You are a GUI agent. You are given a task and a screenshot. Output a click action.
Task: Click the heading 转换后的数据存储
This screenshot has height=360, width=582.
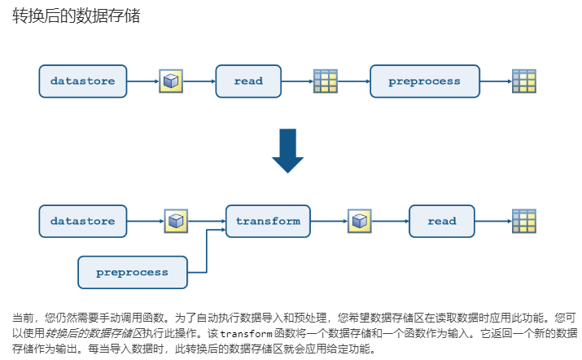pyautogui.click(x=77, y=16)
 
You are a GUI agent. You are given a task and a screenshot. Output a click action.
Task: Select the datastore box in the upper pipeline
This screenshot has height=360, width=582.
pyautogui.click(x=82, y=81)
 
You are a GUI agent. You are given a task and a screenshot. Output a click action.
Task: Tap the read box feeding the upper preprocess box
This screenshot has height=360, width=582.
pyautogui.click(x=248, y=81)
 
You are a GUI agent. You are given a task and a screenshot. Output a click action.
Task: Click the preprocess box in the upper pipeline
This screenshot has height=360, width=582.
pyautogui.click(x=424, y=81)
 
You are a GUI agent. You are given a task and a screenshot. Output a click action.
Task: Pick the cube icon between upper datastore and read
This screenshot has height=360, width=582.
pyautogui.click(x=170, y=81)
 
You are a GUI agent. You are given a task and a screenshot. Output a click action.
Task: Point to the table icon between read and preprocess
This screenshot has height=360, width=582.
pyautogui.click(x=326, y=81)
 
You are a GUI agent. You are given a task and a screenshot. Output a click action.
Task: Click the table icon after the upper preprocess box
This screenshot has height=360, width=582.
pyautogui.click(x=523, y=81)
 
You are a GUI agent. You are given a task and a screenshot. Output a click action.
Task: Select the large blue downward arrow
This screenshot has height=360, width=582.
pyautogui.click(x=287, y=151)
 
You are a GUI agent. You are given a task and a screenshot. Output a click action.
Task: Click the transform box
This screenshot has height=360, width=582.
pyautogui.click(x=268, y=221)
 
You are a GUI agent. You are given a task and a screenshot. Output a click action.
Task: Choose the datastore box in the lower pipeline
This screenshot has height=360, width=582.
pyautogui.click(x=82, y=221)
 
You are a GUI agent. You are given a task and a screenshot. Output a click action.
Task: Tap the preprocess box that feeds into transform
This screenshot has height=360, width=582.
pyautogui.click(x=132, y=272)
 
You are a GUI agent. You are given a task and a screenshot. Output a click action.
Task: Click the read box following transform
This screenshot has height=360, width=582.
pyautogui.click(x=442, y=221)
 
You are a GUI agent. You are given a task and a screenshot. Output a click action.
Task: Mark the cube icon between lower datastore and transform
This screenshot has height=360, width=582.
pyautogui.click(x=176, y=221)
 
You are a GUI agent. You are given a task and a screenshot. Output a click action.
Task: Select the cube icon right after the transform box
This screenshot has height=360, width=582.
pyautogui.click(x=359, y=221)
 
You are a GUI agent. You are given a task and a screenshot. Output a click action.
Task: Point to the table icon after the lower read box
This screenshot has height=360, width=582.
pyautogui.click(x=523, y=221)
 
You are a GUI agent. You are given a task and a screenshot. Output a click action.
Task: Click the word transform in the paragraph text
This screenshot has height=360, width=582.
pyautogui.click(x=245, y=334)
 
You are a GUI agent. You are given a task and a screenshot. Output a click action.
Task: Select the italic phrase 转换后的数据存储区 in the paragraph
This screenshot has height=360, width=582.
pyautogui.click(x=94, y=334)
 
